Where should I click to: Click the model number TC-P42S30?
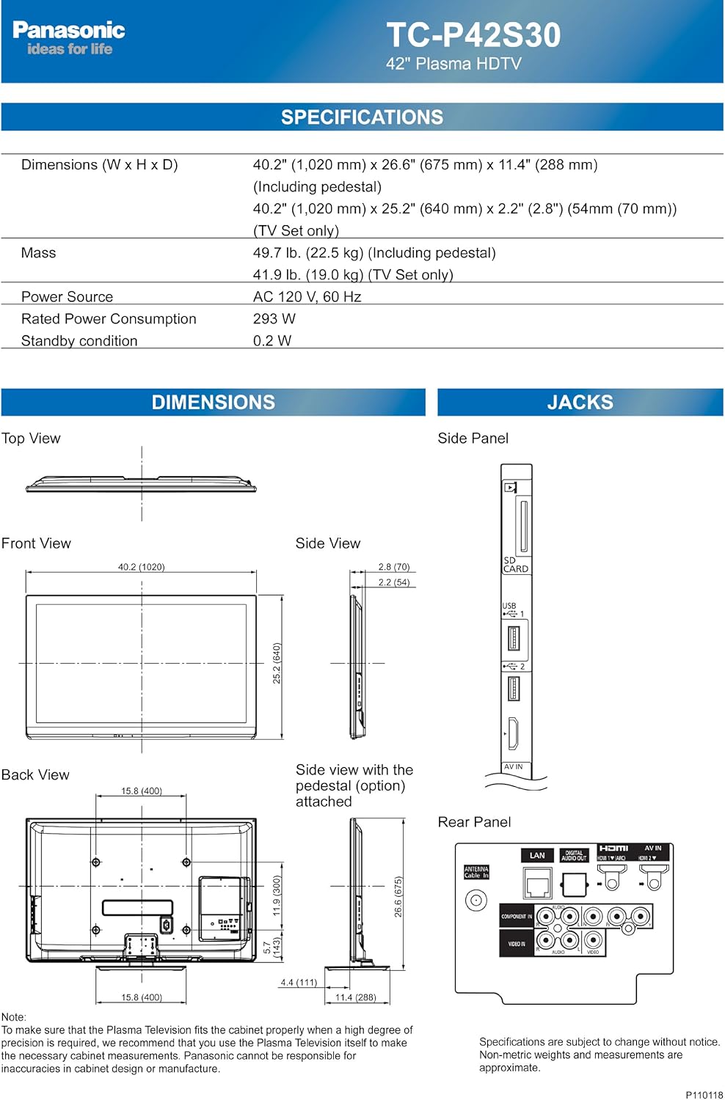pyautogui.click(x=473, y=35)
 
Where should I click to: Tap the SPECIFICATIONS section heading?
pyautogui.click(x=362, y=117)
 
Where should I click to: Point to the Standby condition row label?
pyautogui.click(x=79, y=341)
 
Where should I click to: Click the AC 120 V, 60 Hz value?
pyautogui.click(x=307, y=297)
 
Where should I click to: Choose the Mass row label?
pyautogui.click(x=38, y=253)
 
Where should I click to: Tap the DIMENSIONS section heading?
pyautogui.click(x=213, y=403)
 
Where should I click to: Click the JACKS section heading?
pyautogui.click(x=580, y=403)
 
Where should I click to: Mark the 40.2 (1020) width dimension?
pyautogui.click(x=141, y=567)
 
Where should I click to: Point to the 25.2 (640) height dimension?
pyautogui.click(x=277, y=663)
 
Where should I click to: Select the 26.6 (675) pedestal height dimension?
pyautogui.click(x=398, y=896)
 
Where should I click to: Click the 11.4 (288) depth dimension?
pyautogui.click(x=356, y=997)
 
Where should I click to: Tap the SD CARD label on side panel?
pyautogui.click(x=515, y=565)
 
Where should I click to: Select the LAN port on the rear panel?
pyautogui.click(x=537, y=883)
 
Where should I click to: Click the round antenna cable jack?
pyautogui.click(x=476, y=901)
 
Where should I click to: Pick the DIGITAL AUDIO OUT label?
pyautogui.click(x=574, y=856)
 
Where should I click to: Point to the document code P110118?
pyautogui.click(x=704, y=1095)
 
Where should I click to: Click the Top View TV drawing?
pyautogui.click(x=141, y=484)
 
